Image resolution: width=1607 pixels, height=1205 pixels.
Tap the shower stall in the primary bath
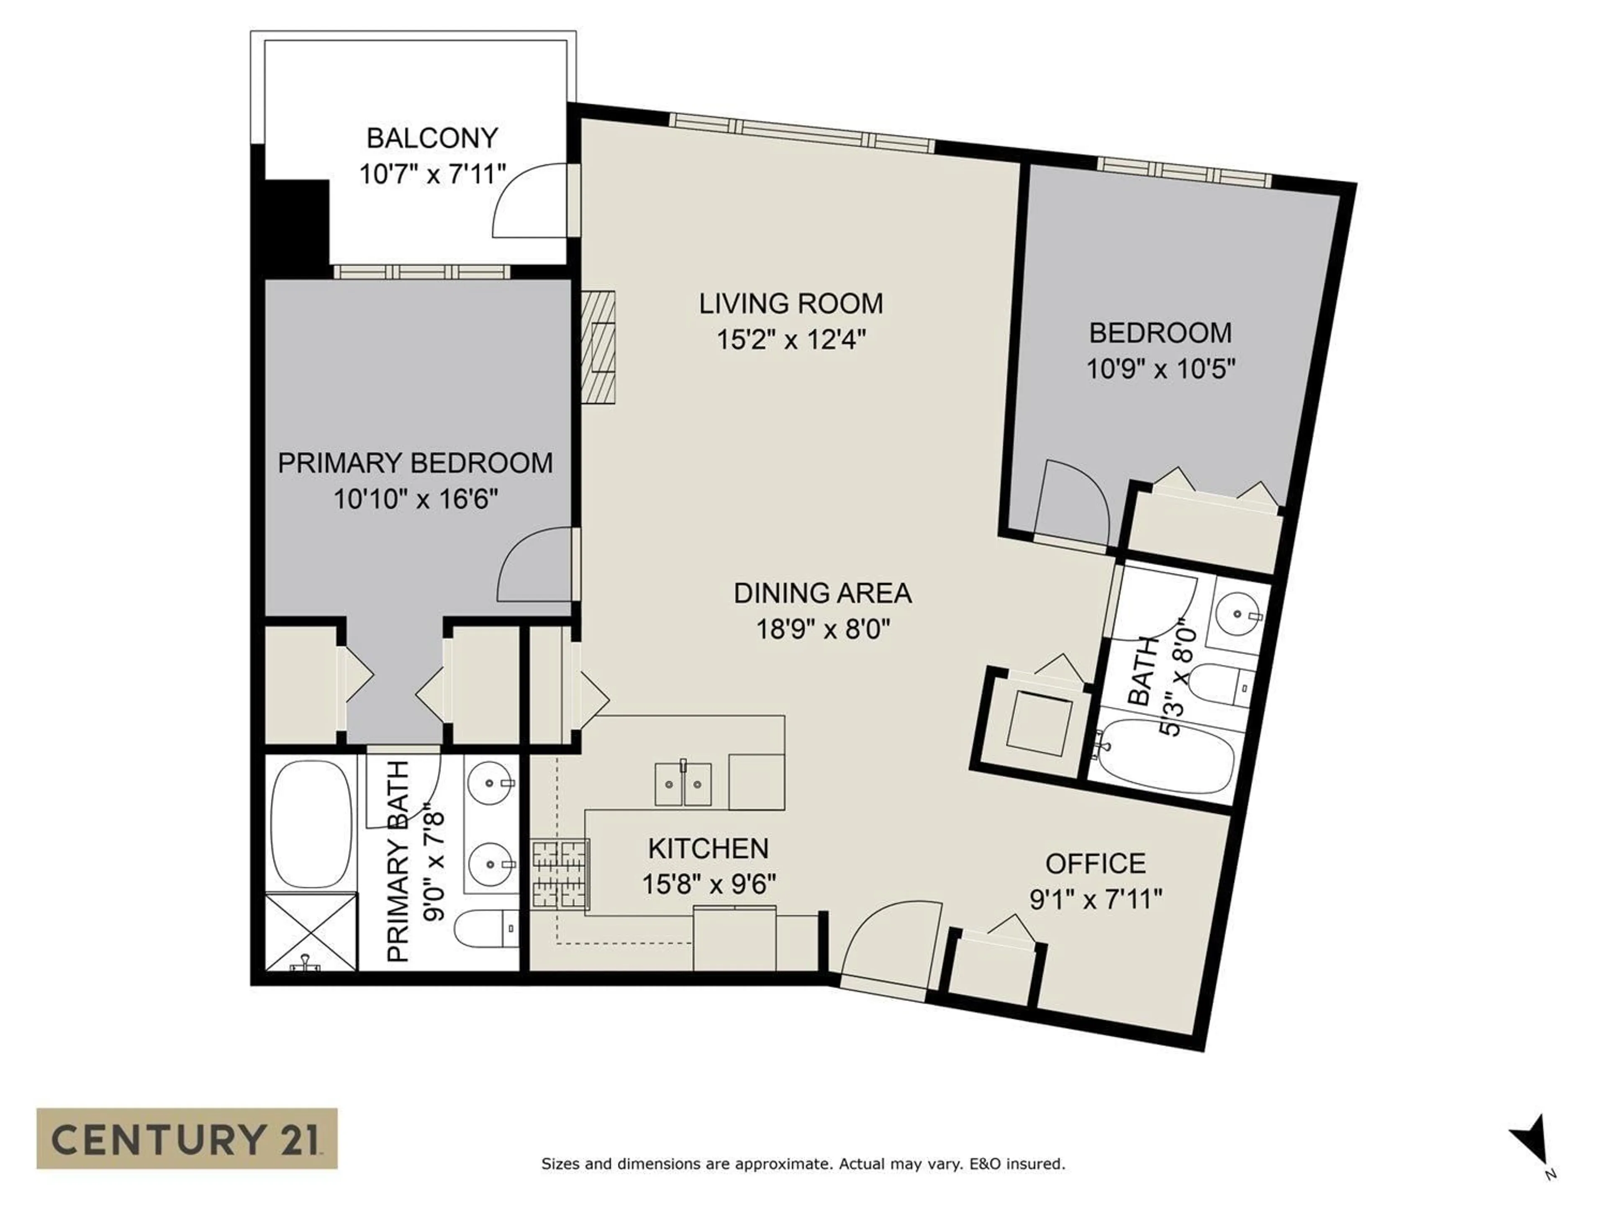[311, 932]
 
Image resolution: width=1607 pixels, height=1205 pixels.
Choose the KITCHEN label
[709, 849]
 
